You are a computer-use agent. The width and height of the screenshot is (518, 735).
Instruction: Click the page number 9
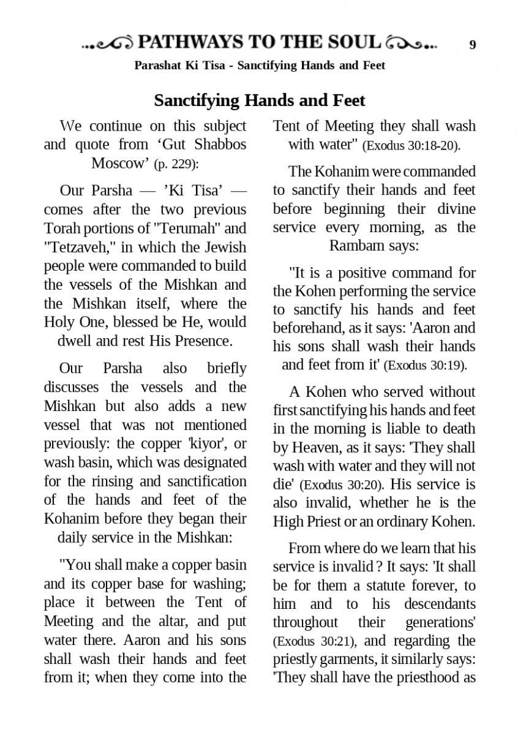pos(473,45)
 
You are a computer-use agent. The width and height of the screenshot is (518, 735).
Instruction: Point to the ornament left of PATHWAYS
pos(108,43)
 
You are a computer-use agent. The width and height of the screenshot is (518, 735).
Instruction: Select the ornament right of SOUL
pos(412,43)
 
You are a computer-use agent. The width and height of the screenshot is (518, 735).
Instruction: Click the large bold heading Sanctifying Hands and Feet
pos(259,100)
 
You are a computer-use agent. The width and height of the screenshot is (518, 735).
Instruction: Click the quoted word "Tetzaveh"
pos(76,247)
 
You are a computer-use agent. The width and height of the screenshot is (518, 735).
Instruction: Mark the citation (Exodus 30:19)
pos(425,366)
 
